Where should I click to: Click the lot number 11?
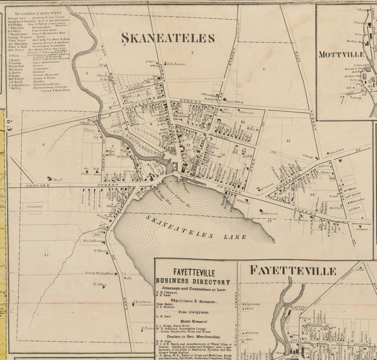click(289, 141)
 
